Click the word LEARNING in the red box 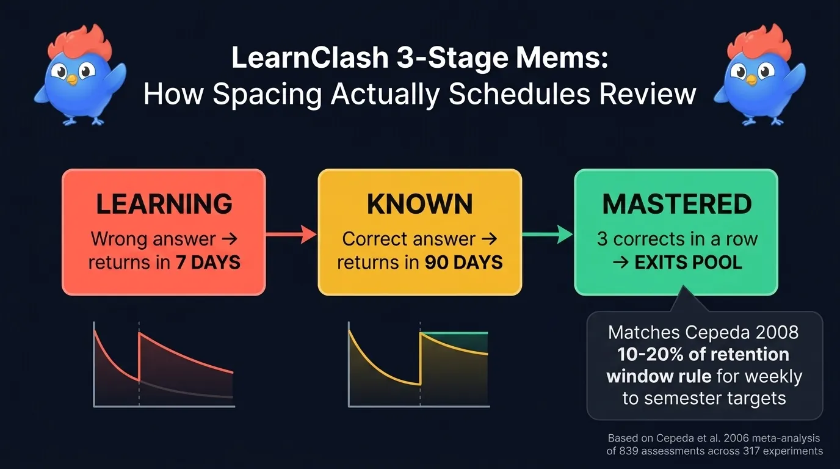point(164,204)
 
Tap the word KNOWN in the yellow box point(419,204)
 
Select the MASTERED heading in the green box point(676,204)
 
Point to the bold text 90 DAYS point(464,263)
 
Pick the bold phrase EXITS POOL point(688,263)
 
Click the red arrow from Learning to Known point(291,233)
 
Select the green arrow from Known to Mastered point(548,233)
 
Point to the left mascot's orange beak point(71,79)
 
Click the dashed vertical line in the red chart point(139,366)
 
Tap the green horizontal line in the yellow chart point(454,333)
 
